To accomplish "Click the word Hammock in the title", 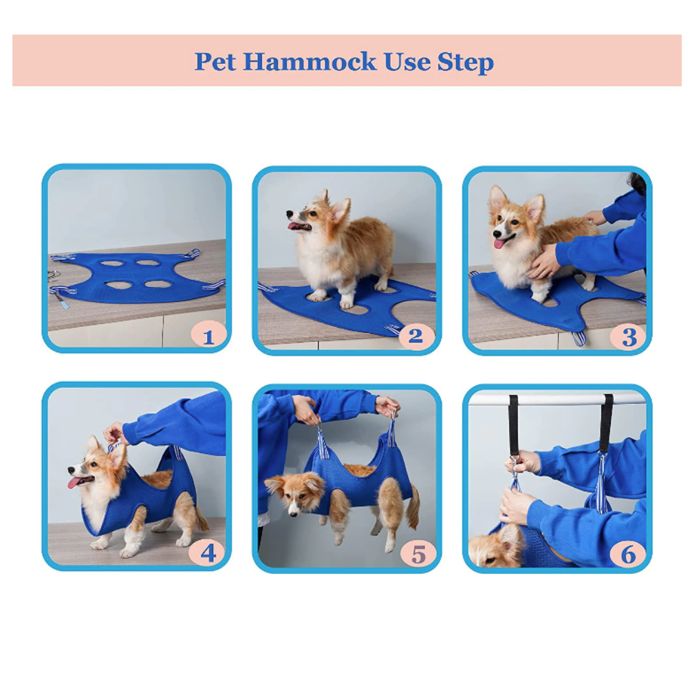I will point(310,62).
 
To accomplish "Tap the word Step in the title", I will point(466,62).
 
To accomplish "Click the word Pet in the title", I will point(215,62).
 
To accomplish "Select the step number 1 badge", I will point(208,336).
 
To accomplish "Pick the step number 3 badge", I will point(629,336).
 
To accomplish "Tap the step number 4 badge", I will point(208,552).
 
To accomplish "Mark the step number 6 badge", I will point(628,553).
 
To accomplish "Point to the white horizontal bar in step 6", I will point(557,400).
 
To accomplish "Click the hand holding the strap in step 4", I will point(114,433).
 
